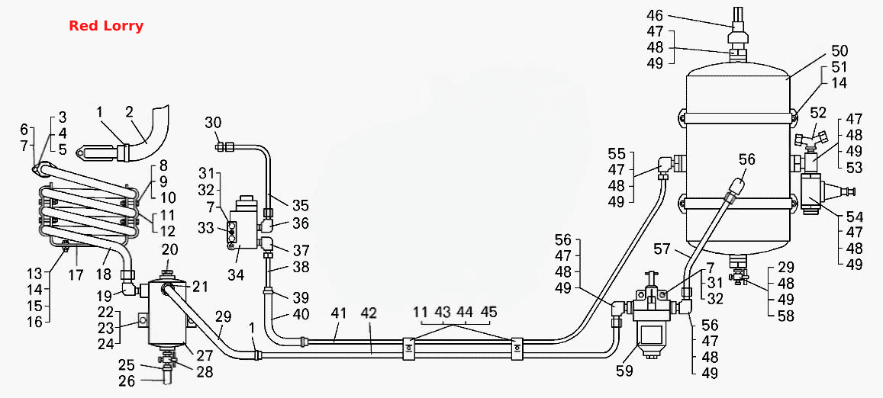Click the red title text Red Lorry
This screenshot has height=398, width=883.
point(106,26)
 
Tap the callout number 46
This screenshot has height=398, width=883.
point(656,15)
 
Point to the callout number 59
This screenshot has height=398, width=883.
point(624,371)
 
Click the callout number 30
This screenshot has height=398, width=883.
point(214,122)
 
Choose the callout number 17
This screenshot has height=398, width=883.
point(76,275)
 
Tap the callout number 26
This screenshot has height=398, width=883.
point(127,381)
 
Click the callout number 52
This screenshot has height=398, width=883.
point(818,113)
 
